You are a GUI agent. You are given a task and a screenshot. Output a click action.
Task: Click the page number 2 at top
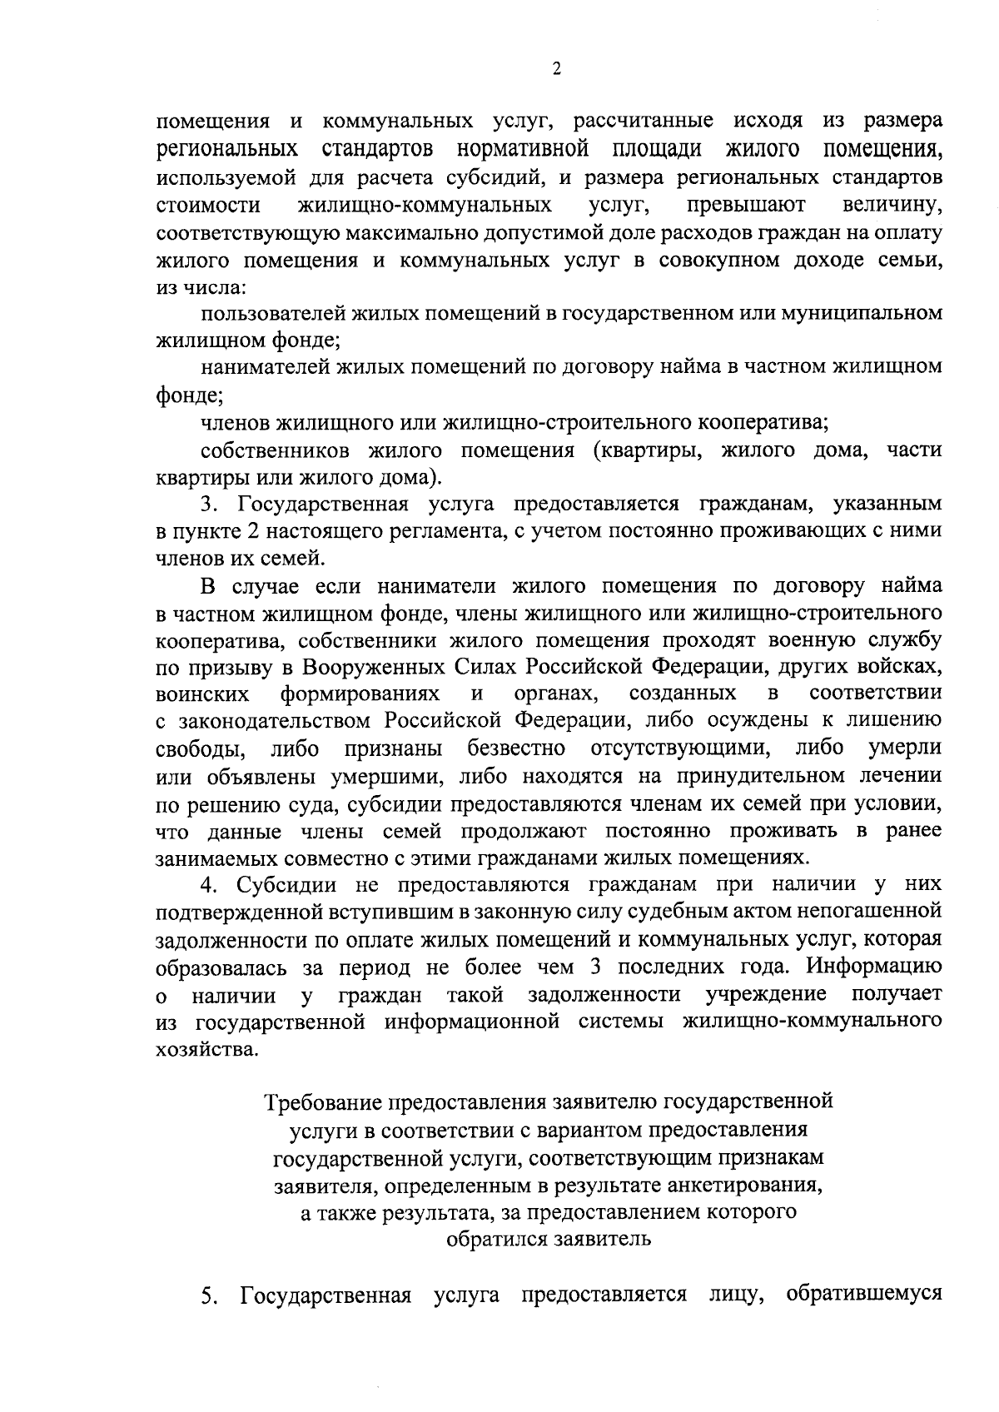(555, 69)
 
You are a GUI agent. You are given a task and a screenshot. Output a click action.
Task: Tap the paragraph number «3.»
(209, 505)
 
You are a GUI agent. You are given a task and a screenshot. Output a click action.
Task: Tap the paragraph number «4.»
(209, 885)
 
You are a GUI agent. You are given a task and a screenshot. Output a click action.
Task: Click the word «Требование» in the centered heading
(321, 1102)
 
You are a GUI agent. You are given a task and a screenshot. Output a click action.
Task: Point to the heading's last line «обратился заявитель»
(548, 1238)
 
